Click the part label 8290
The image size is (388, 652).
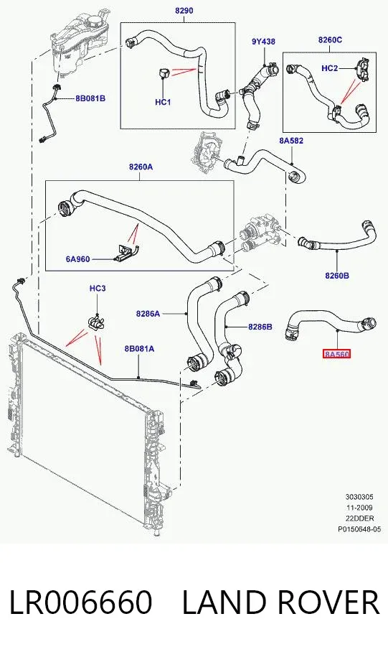[x=184, y=10]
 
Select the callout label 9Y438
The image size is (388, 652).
[x=263, y=42]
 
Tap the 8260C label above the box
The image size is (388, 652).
[x=330, y=40]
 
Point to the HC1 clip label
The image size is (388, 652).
[x=163, y=102]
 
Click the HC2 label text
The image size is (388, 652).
[x=330, y=68]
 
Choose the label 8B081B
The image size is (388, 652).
[x=90, y=98]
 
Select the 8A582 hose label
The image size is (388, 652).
[x=291, y=141]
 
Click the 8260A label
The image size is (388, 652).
[x=141, y=167]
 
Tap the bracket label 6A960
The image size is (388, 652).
[x=77, y=259]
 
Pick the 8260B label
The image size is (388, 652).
[x=337, y=275]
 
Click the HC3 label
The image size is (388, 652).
[x=98, y=288]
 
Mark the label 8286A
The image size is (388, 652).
[x=148, y=314]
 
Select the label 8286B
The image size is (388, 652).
[x=260, y=327]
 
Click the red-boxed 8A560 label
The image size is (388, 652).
[x=337, y=355]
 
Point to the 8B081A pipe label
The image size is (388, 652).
[x=139, y=348]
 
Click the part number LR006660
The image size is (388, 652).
[x=80, y=602]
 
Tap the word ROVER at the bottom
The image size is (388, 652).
[x=326, y=602]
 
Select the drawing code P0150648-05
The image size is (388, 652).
[x=359, y=529]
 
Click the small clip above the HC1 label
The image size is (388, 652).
[x=163, y=73]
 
